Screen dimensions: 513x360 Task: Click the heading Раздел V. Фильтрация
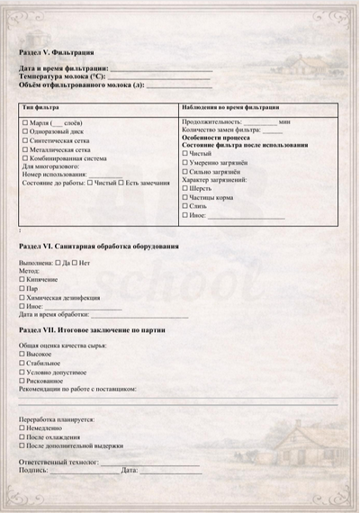click(57, 54)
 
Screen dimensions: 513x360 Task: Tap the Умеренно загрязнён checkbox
click(185, 163)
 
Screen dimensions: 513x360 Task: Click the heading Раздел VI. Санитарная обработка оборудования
click(98, 246)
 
